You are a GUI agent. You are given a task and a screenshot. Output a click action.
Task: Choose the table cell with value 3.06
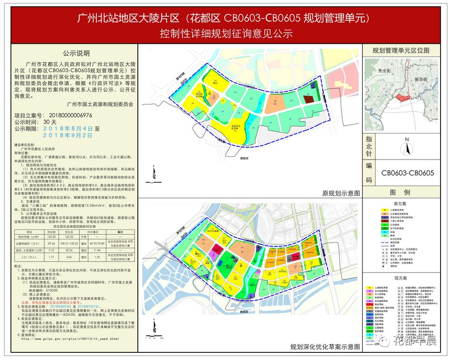tap(71, 256)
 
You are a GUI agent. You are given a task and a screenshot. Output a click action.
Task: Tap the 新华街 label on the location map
tap(421, 79)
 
